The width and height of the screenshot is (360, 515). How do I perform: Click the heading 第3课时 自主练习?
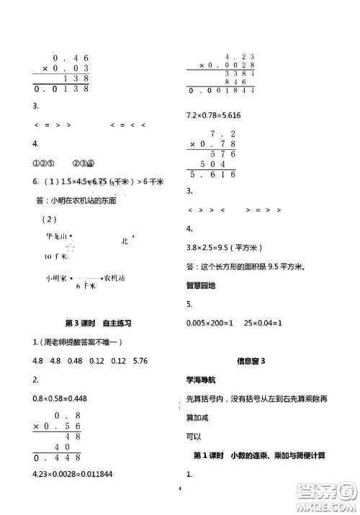pyautogui.click(x=102, y=325)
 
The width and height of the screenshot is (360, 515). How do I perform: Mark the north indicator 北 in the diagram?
pyautogui.click(x=127, y=241)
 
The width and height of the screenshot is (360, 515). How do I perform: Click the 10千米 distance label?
pyautogui.click(x=55, y=256)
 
